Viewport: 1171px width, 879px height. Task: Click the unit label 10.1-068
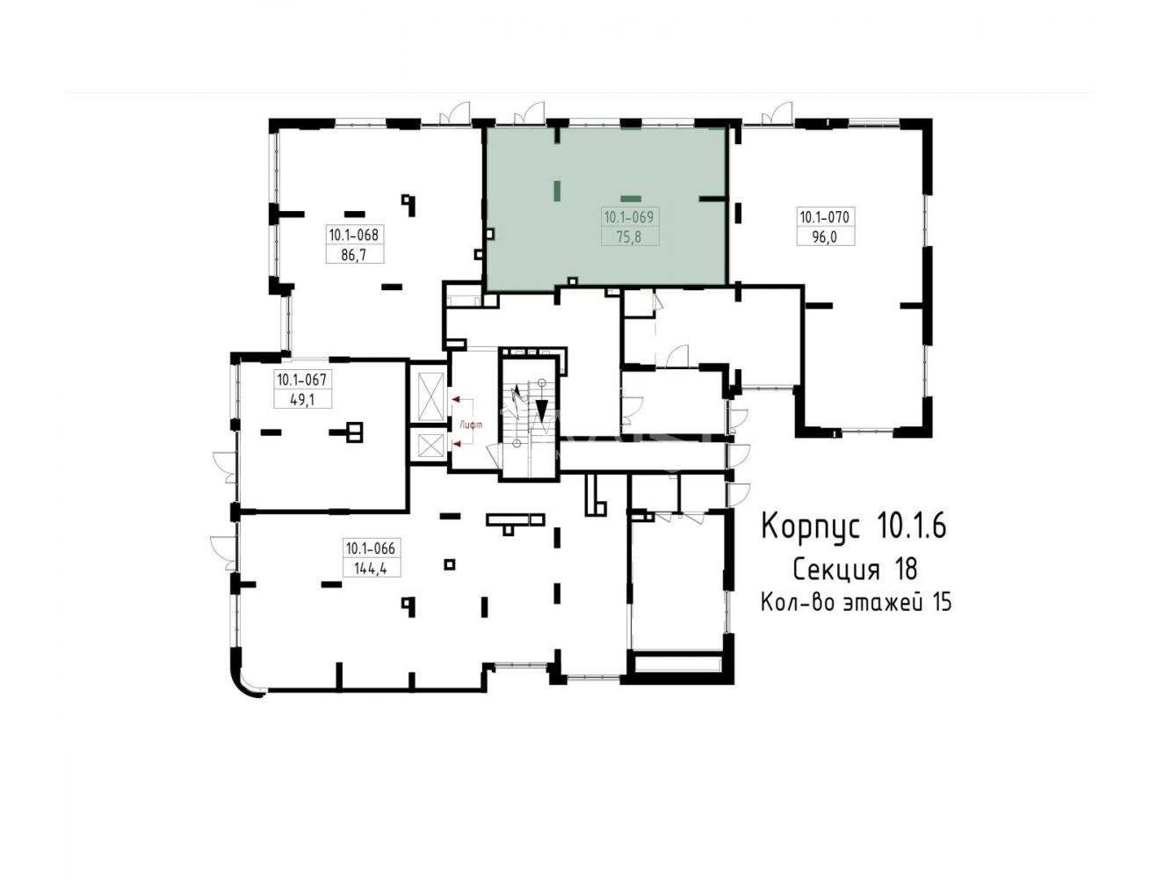(x=353, y=235)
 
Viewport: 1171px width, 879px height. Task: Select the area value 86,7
(x=354, y=255)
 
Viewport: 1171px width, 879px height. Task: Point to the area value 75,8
(x=629, y=236)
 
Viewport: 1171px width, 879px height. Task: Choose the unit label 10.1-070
(x=824, y=217)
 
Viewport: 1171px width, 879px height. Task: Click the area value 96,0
(x=825, y=236)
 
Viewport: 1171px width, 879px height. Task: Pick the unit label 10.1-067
(x=301, y=380)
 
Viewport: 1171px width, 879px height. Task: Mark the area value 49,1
(x=302, y=399)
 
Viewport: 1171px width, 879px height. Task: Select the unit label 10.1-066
(x=370, y=548)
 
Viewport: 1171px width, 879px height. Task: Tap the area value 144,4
(x=370, y=569)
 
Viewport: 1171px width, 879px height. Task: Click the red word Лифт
(x=471, y=425)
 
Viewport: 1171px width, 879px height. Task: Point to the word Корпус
(x=810, y=526)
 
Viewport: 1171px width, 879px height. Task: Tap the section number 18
(x=906, y=569)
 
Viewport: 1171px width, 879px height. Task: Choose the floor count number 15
(x=942, y=603)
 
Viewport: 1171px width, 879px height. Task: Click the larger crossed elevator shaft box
(x=431, y=396)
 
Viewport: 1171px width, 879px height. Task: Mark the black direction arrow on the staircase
(x=542, y=410)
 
